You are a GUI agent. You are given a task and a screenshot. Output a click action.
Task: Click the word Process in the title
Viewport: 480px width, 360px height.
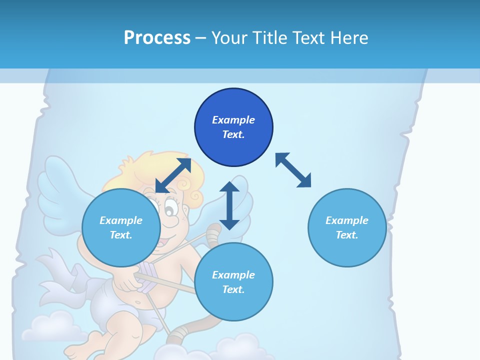(x=157, y=37)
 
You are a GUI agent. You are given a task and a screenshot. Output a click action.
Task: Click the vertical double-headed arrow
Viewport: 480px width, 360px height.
(x=229, y=205)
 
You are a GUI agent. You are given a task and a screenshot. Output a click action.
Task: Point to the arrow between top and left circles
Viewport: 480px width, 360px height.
(x=173, y=175)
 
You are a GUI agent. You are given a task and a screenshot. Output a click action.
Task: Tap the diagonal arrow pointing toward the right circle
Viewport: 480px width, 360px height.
(x=293, y=170)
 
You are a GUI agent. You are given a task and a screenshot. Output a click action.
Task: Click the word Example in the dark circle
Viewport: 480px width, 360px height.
(x=233, y=120)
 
